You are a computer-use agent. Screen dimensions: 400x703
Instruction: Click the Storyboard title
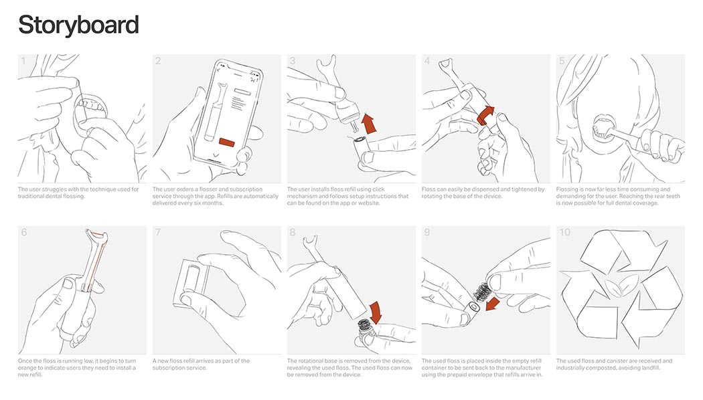pos(78,25)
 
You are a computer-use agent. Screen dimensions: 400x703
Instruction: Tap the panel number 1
pos(23,62)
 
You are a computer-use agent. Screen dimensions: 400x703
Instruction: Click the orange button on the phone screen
pos(226,141)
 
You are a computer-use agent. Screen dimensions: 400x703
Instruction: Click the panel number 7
pos(158,233)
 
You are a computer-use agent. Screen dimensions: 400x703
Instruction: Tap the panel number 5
pos(562,62)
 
